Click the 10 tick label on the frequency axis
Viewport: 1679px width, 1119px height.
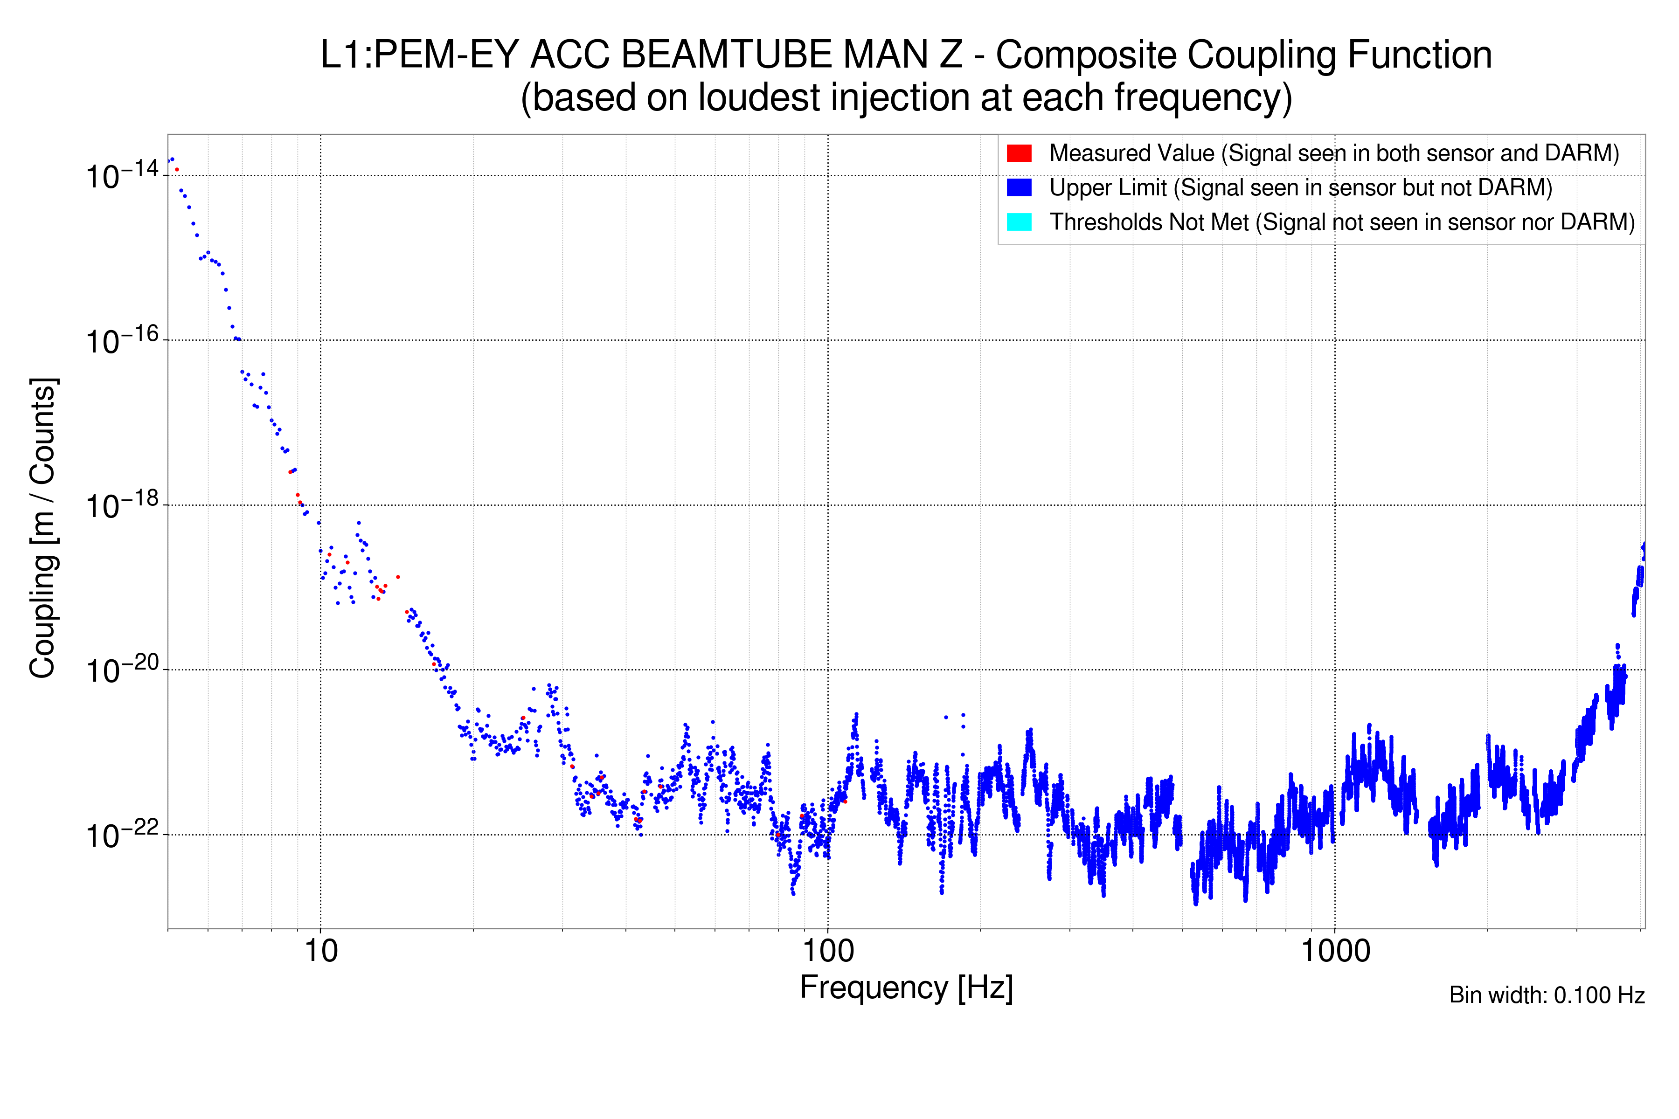[320, 951]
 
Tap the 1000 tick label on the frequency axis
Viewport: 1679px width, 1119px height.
[1335, 951]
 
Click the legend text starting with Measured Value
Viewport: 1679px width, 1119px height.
[1333, 153]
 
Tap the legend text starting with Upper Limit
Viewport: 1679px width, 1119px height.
[1301, 188]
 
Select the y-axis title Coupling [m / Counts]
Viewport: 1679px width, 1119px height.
[43, 528]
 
